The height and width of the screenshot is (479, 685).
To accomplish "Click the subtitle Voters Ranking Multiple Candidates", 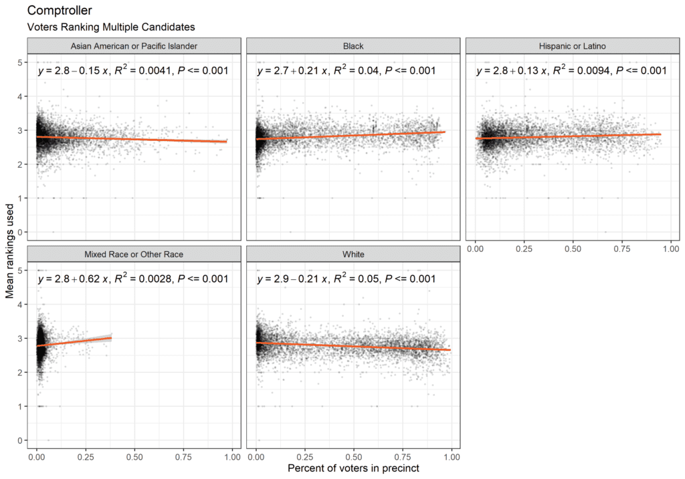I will coord(110,27).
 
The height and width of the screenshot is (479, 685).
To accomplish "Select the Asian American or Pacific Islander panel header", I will coord(134,45).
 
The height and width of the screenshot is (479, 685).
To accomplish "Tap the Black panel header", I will coord(353,45).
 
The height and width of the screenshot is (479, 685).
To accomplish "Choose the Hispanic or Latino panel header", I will coord(572,45).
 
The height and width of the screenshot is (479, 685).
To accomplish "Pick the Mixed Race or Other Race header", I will coord(134,254).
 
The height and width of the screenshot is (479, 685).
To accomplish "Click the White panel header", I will coord(353,254).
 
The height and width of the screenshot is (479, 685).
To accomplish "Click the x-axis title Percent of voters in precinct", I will coord(353,468).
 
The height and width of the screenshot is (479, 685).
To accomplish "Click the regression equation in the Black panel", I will coord(346,70).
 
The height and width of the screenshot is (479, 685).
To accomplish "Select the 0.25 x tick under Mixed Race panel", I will coord(85,456).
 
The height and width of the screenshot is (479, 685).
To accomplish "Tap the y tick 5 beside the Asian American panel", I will coord(21,62).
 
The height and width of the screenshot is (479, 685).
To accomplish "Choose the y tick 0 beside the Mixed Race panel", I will coord(21,441).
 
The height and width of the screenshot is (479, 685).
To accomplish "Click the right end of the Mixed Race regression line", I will coord(111,338).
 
